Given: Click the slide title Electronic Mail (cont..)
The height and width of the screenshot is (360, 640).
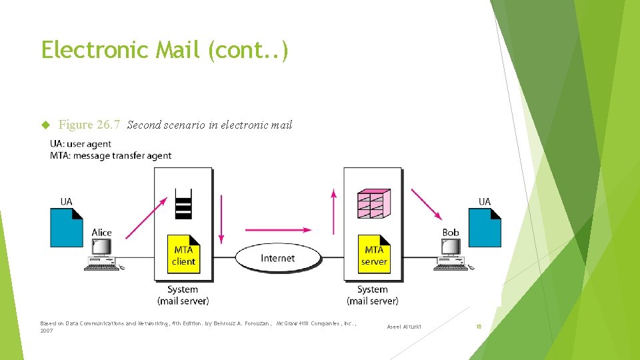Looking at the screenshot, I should click(x=165, y=50).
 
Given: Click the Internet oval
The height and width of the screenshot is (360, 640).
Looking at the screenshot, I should click(x=277, y=258).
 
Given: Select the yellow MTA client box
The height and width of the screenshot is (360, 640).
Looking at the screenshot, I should click(x=183, y=255).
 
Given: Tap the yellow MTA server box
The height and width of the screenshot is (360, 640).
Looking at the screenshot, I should click(x=374, y=255).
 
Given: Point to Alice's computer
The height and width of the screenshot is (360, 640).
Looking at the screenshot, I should click(x=103, y=254).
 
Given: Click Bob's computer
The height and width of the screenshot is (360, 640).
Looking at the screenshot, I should click(x=451, y=254).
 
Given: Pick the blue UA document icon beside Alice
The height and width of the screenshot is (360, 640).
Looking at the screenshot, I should click(x=67, y=227).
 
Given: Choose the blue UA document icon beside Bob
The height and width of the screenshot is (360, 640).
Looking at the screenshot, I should click(x=485, y=227).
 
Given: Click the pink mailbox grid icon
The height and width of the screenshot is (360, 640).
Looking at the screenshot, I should click(x=373, y=204).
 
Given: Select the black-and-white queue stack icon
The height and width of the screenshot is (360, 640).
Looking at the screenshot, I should click(x=183, y=203).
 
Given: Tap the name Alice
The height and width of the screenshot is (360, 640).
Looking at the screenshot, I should click(x=101, y=233).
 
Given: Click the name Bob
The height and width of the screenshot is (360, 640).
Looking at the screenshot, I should click(x=451, y=233).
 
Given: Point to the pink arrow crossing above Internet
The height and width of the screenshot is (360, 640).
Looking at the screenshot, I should click(x=278, y=230).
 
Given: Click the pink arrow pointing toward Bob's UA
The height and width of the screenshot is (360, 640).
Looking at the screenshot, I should click(x=427, y=204).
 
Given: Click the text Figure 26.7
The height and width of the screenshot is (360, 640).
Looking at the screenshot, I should click(x=89, y=125).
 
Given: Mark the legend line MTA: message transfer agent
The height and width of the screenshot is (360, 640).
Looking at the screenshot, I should click(x=111, y=156).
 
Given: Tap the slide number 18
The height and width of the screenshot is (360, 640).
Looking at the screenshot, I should click(x=478, y=327).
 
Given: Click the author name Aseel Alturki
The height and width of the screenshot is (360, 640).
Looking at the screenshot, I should click(x=404, y=327).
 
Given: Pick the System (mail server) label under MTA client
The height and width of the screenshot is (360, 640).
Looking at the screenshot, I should click(x=183, y=295).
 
